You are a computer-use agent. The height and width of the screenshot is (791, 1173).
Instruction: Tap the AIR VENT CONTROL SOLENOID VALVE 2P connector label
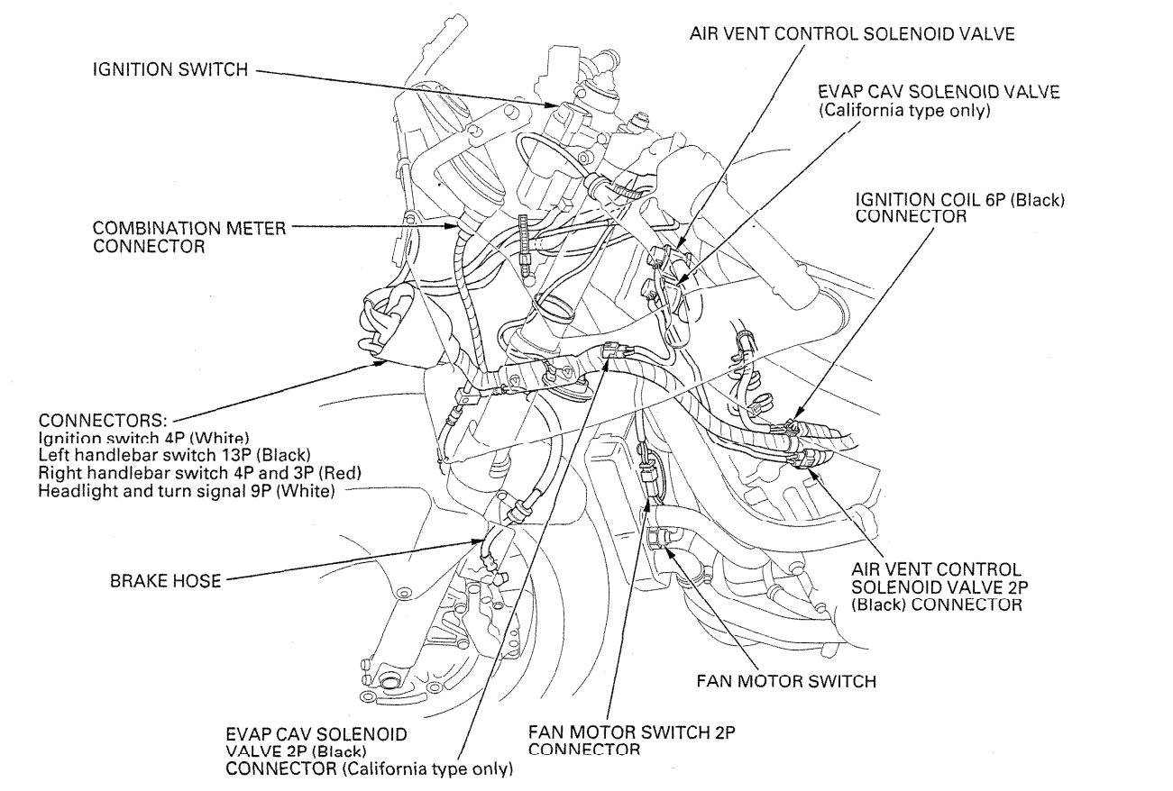click(x=937, y=587)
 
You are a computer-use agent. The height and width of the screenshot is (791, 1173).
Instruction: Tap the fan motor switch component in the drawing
click(x=657, y=541)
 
